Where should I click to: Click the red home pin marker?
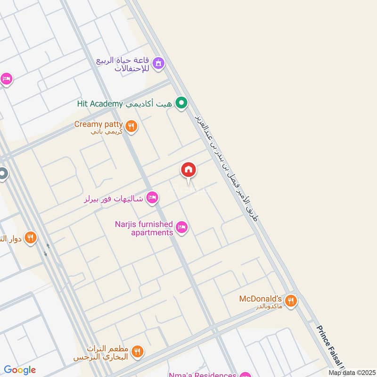pos(188,170)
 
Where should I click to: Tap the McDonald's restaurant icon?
pos(291,300)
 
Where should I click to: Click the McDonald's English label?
pos(260,299)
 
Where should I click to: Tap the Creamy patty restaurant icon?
pos(131,126)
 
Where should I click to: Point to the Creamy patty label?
pos(98,124)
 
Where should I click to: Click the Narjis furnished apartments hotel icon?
pos(181,229)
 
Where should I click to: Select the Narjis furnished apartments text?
pos(144,229)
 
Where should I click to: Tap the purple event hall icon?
pos(158,63)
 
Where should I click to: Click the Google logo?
pos(20,370)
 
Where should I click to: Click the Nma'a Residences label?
pos(203,375)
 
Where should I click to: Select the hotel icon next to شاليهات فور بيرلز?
pos(152,198)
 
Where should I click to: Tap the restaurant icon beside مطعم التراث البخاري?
pos(138,351)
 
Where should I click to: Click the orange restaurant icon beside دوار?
pos(31,238)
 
